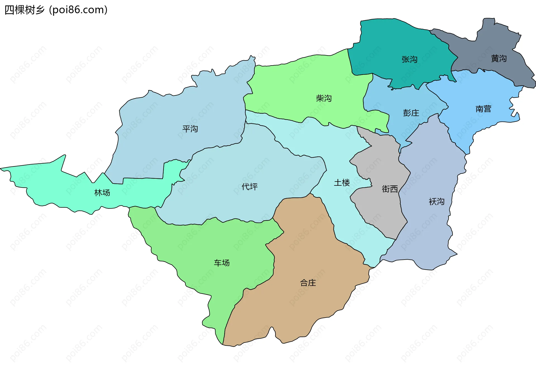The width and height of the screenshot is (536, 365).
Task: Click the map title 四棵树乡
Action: click(25, 10)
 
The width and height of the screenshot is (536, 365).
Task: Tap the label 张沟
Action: click(409, 59)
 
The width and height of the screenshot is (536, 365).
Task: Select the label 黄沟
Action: click(499, 59)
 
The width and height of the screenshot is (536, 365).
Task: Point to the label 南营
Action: click(483, 109)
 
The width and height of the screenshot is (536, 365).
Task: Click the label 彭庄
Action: click(411, 113)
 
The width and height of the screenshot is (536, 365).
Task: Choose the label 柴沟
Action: click(324, 98)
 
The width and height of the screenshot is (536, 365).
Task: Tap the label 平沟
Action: click(190, 129)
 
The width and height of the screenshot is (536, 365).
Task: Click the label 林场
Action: click(102, 193)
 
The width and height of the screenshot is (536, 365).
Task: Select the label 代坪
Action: click(249, 187)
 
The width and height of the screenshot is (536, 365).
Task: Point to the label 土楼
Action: click(342, 183)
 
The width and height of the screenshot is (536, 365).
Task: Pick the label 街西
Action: click(389, 189)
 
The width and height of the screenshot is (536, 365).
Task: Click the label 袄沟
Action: click(436, 202)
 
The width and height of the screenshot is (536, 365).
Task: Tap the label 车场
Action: click(222, 263)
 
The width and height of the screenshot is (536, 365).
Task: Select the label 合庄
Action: click(308, 283)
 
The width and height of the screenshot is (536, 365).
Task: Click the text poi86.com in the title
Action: click(78, 10)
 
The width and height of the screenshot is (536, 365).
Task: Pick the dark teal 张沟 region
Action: click(391, 42)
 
